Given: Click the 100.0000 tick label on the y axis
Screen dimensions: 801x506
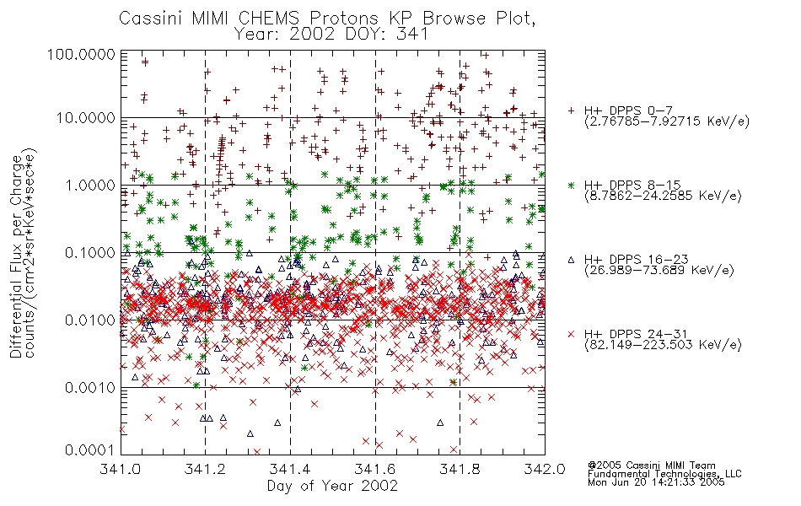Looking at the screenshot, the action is click(x=81, y=54).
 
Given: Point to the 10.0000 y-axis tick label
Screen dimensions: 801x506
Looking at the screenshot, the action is click(x=86, y=118).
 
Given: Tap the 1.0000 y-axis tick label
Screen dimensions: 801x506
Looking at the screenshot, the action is click(x=90, y=185).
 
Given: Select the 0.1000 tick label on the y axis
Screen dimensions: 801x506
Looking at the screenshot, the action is click(x=90, y=252).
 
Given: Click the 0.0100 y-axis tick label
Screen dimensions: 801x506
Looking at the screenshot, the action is click(x=90, y=320).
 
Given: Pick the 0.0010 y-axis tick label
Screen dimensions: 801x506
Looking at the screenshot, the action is click(x=90, y=387).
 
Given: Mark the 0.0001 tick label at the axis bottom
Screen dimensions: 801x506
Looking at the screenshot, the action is click(x=90, y=450).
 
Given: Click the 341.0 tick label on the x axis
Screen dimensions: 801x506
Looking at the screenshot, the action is click(x=121, y=469).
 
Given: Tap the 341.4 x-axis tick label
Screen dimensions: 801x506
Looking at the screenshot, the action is click(x=290, y=469).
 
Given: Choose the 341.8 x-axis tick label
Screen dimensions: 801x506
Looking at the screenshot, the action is click(x=460, y=469).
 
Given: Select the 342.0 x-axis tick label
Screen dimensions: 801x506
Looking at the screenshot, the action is click(x=545, y=469).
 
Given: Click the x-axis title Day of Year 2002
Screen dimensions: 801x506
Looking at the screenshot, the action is click(x=332, y=486).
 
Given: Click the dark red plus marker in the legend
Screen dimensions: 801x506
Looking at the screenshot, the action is click(x=571, y=110).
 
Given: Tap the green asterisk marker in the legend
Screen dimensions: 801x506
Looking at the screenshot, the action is click(x=571, y=185).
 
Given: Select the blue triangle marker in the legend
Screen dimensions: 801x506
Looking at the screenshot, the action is click(x=571, y=260).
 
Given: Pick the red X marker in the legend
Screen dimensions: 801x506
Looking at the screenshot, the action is click(x=571, y=334).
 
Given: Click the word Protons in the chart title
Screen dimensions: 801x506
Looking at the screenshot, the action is click(x=344, y=19).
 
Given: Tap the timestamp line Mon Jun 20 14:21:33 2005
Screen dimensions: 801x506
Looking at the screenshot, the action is click(x=656, y=482).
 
